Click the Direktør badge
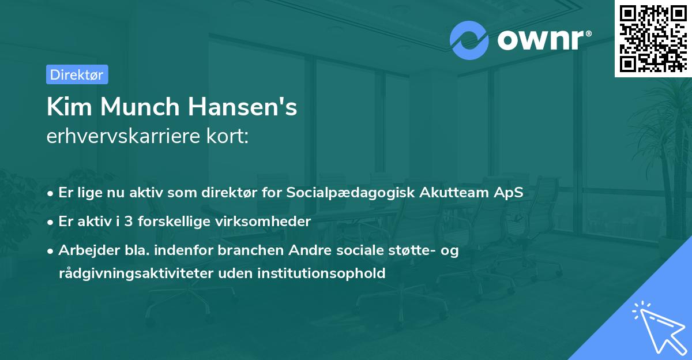(x=77, y=74)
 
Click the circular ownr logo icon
(x=469, y=40)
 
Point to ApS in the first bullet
(x=508, y=193)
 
